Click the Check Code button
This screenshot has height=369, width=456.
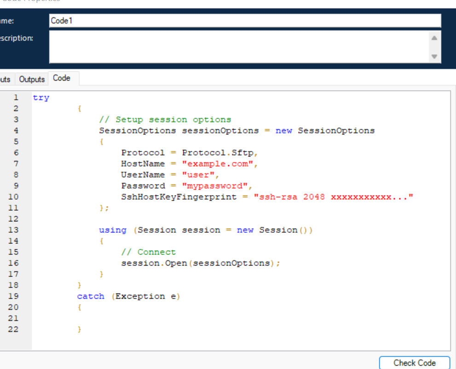415,363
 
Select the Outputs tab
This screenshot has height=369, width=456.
32,79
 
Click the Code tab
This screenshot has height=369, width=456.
62,78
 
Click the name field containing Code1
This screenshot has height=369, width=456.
245,21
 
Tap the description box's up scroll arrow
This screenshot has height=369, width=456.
434,38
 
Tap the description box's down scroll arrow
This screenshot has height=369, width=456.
434,57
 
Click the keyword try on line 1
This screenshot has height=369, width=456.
41,98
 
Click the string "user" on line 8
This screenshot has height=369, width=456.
198,175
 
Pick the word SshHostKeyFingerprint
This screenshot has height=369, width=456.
179,197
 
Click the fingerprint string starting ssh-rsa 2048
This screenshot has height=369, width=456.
333,197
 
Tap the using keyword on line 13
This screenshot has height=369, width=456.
113,230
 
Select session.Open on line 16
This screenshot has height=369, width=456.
154,263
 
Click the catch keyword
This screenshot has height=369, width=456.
91,296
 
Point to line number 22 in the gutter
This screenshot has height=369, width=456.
13,329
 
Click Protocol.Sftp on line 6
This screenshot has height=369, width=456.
218,153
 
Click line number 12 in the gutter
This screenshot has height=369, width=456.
13,219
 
